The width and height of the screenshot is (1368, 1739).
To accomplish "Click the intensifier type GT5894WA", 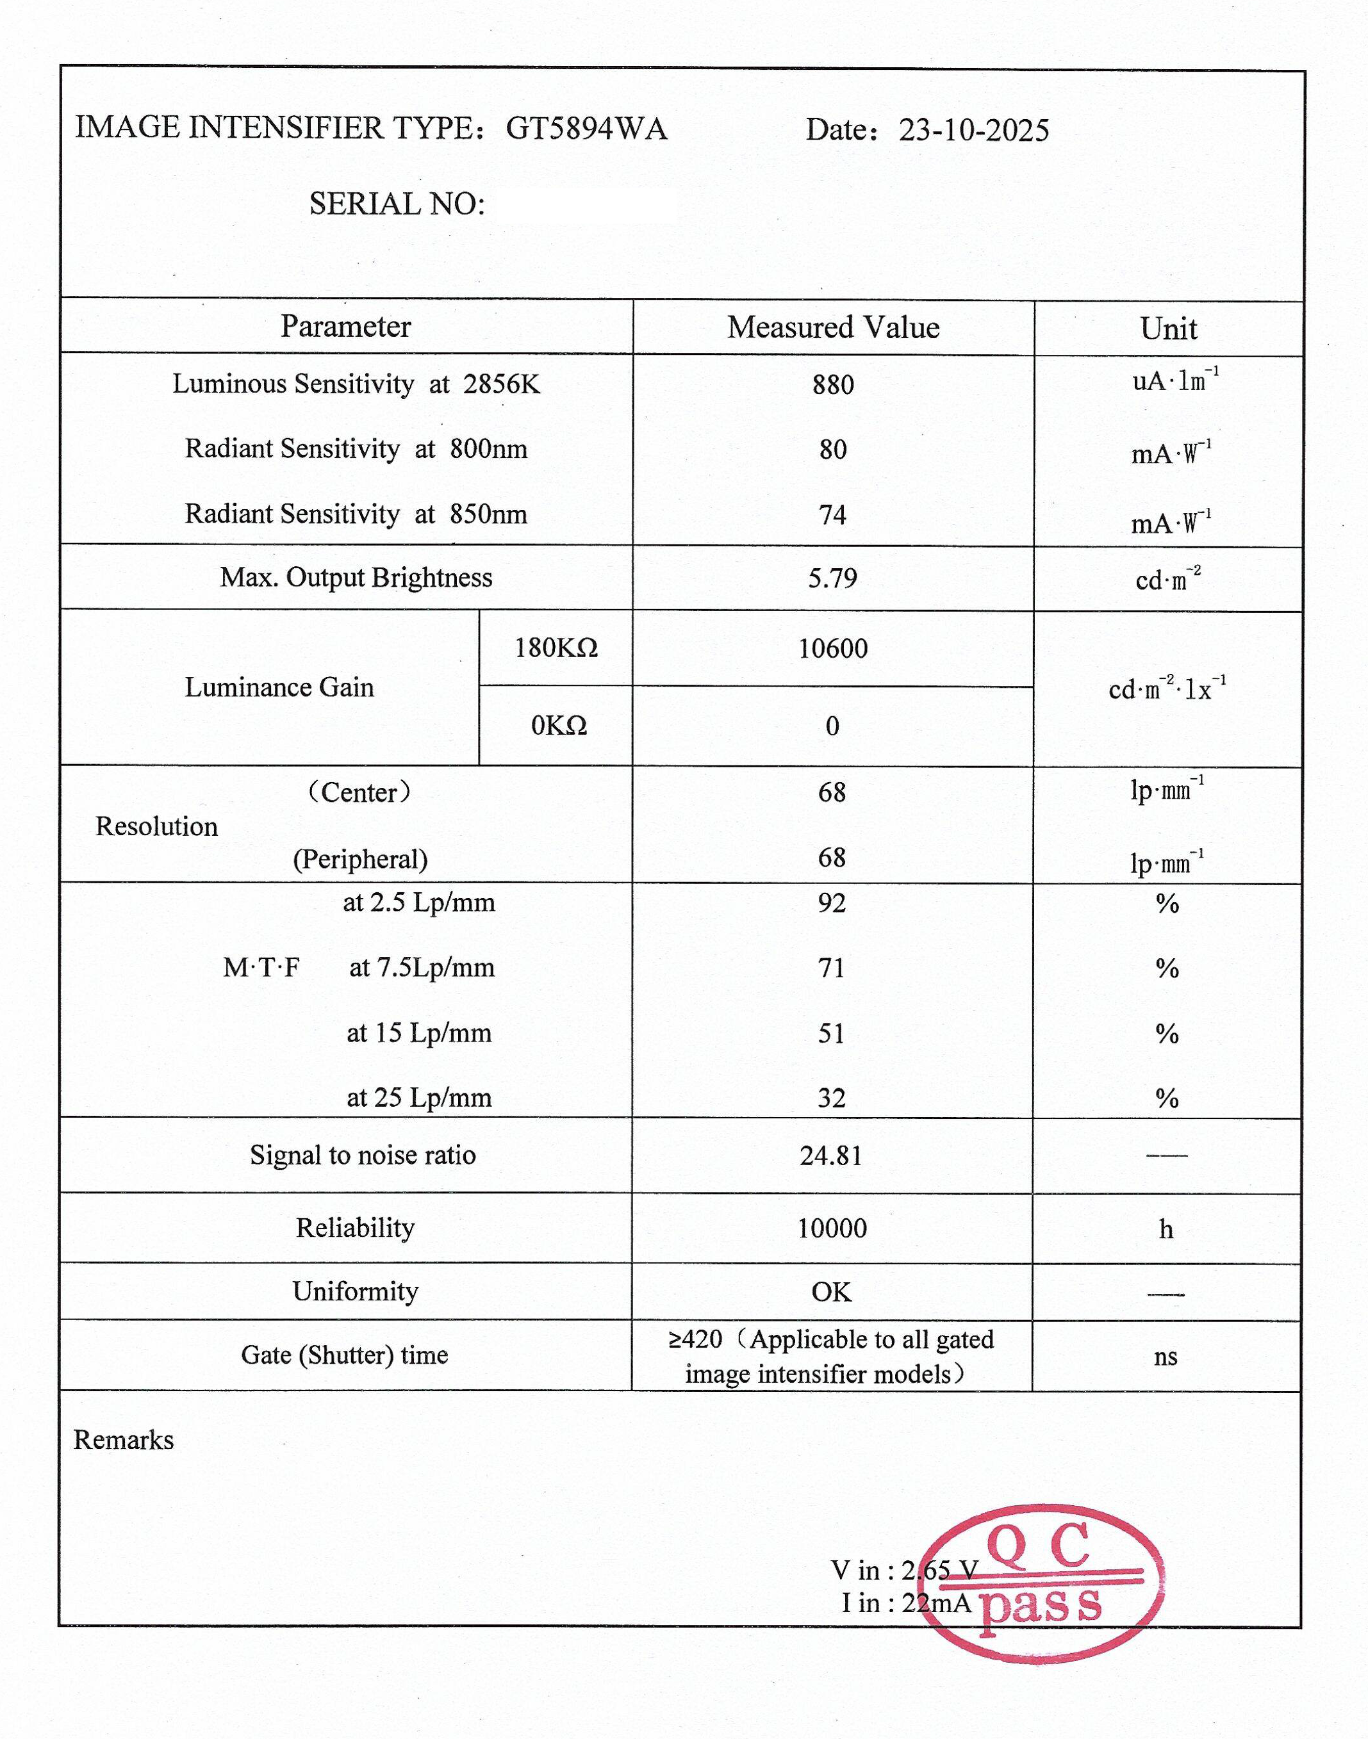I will pyautogui.click(x=586, y=129).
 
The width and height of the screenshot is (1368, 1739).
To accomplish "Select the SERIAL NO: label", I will pyautogui.click(x=397, y=204).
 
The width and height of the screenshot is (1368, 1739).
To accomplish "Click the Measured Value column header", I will pyautogui.click(x=833, y=327).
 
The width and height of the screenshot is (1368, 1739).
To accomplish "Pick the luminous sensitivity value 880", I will pyautogui.click(x=833, y=385).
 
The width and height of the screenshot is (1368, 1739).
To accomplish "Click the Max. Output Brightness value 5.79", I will pyautogui.click(x=832, y=578).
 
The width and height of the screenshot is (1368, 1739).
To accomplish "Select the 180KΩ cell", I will pyautogui.click(x=556, y=648).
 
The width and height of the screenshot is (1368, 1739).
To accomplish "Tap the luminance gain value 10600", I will pyautogui.click(x=832, y=648).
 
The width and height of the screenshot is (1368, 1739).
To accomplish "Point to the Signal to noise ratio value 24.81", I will pyautogui.click(x=832, y=1155).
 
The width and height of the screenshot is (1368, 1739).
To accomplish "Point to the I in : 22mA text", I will pyautogui.click(x=906, y=1603).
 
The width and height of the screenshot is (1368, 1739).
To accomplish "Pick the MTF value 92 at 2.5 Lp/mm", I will pyautogui.click(x=832, y=903).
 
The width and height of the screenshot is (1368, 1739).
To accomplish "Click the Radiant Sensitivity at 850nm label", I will pyautogui.click(x=356, y=514).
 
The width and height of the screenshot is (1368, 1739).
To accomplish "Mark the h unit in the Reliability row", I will pyautogui.click(x=1166, y=1229).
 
